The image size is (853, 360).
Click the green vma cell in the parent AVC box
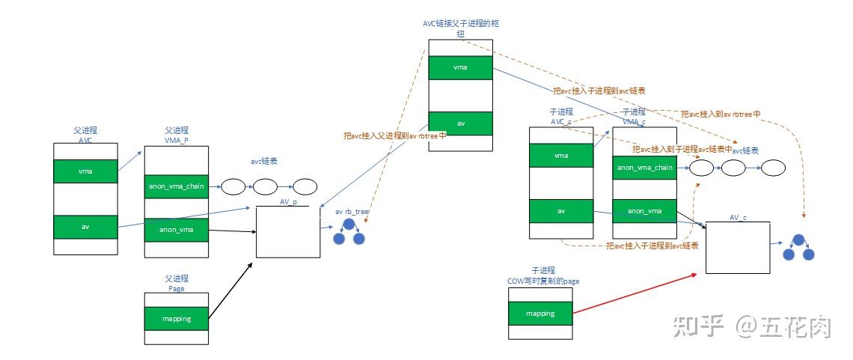point(85,171)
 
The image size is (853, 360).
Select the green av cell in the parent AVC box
point(85,227)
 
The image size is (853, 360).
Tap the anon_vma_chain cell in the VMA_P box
point(175,186)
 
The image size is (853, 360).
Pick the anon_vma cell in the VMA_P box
point(175,229)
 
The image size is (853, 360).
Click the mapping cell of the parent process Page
point(176,319)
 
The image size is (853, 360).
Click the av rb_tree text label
point(352,212)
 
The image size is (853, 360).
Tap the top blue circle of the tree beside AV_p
point(348,225)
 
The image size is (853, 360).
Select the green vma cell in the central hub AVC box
point(461,67)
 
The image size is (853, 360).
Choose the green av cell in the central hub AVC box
point(461,123)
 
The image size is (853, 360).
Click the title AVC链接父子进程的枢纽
point(460,28)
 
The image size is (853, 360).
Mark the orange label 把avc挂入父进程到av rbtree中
point(395,135)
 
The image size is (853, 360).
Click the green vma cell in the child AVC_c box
point(560,155)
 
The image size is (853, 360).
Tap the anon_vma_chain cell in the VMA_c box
point(644,168)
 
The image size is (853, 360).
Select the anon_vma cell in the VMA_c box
point(644,211)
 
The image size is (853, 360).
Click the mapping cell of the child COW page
point(540,314)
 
